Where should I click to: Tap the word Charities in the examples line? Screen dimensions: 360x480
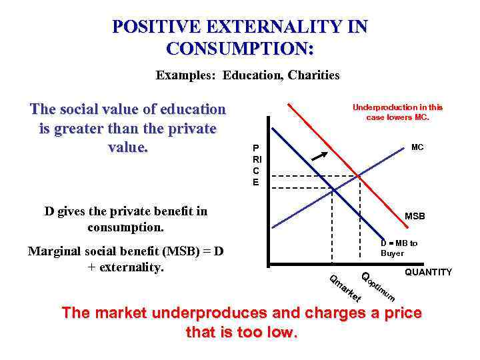click(x=314, y=75)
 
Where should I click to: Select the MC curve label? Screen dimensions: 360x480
click(x=417, y=147)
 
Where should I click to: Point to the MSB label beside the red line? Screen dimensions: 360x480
click(x=415, y=216)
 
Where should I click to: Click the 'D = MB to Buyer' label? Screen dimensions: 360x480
click(x=399, y=248)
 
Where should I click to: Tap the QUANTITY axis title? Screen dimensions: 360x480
click(x=428, y=272)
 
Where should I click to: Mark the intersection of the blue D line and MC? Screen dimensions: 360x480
click(x=333, y=190)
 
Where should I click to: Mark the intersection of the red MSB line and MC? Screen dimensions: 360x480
click(x=359, y=177)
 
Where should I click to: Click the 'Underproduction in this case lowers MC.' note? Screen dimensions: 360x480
click(x=397, y=112)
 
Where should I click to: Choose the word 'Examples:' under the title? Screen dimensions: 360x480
click(x=186, y=75)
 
